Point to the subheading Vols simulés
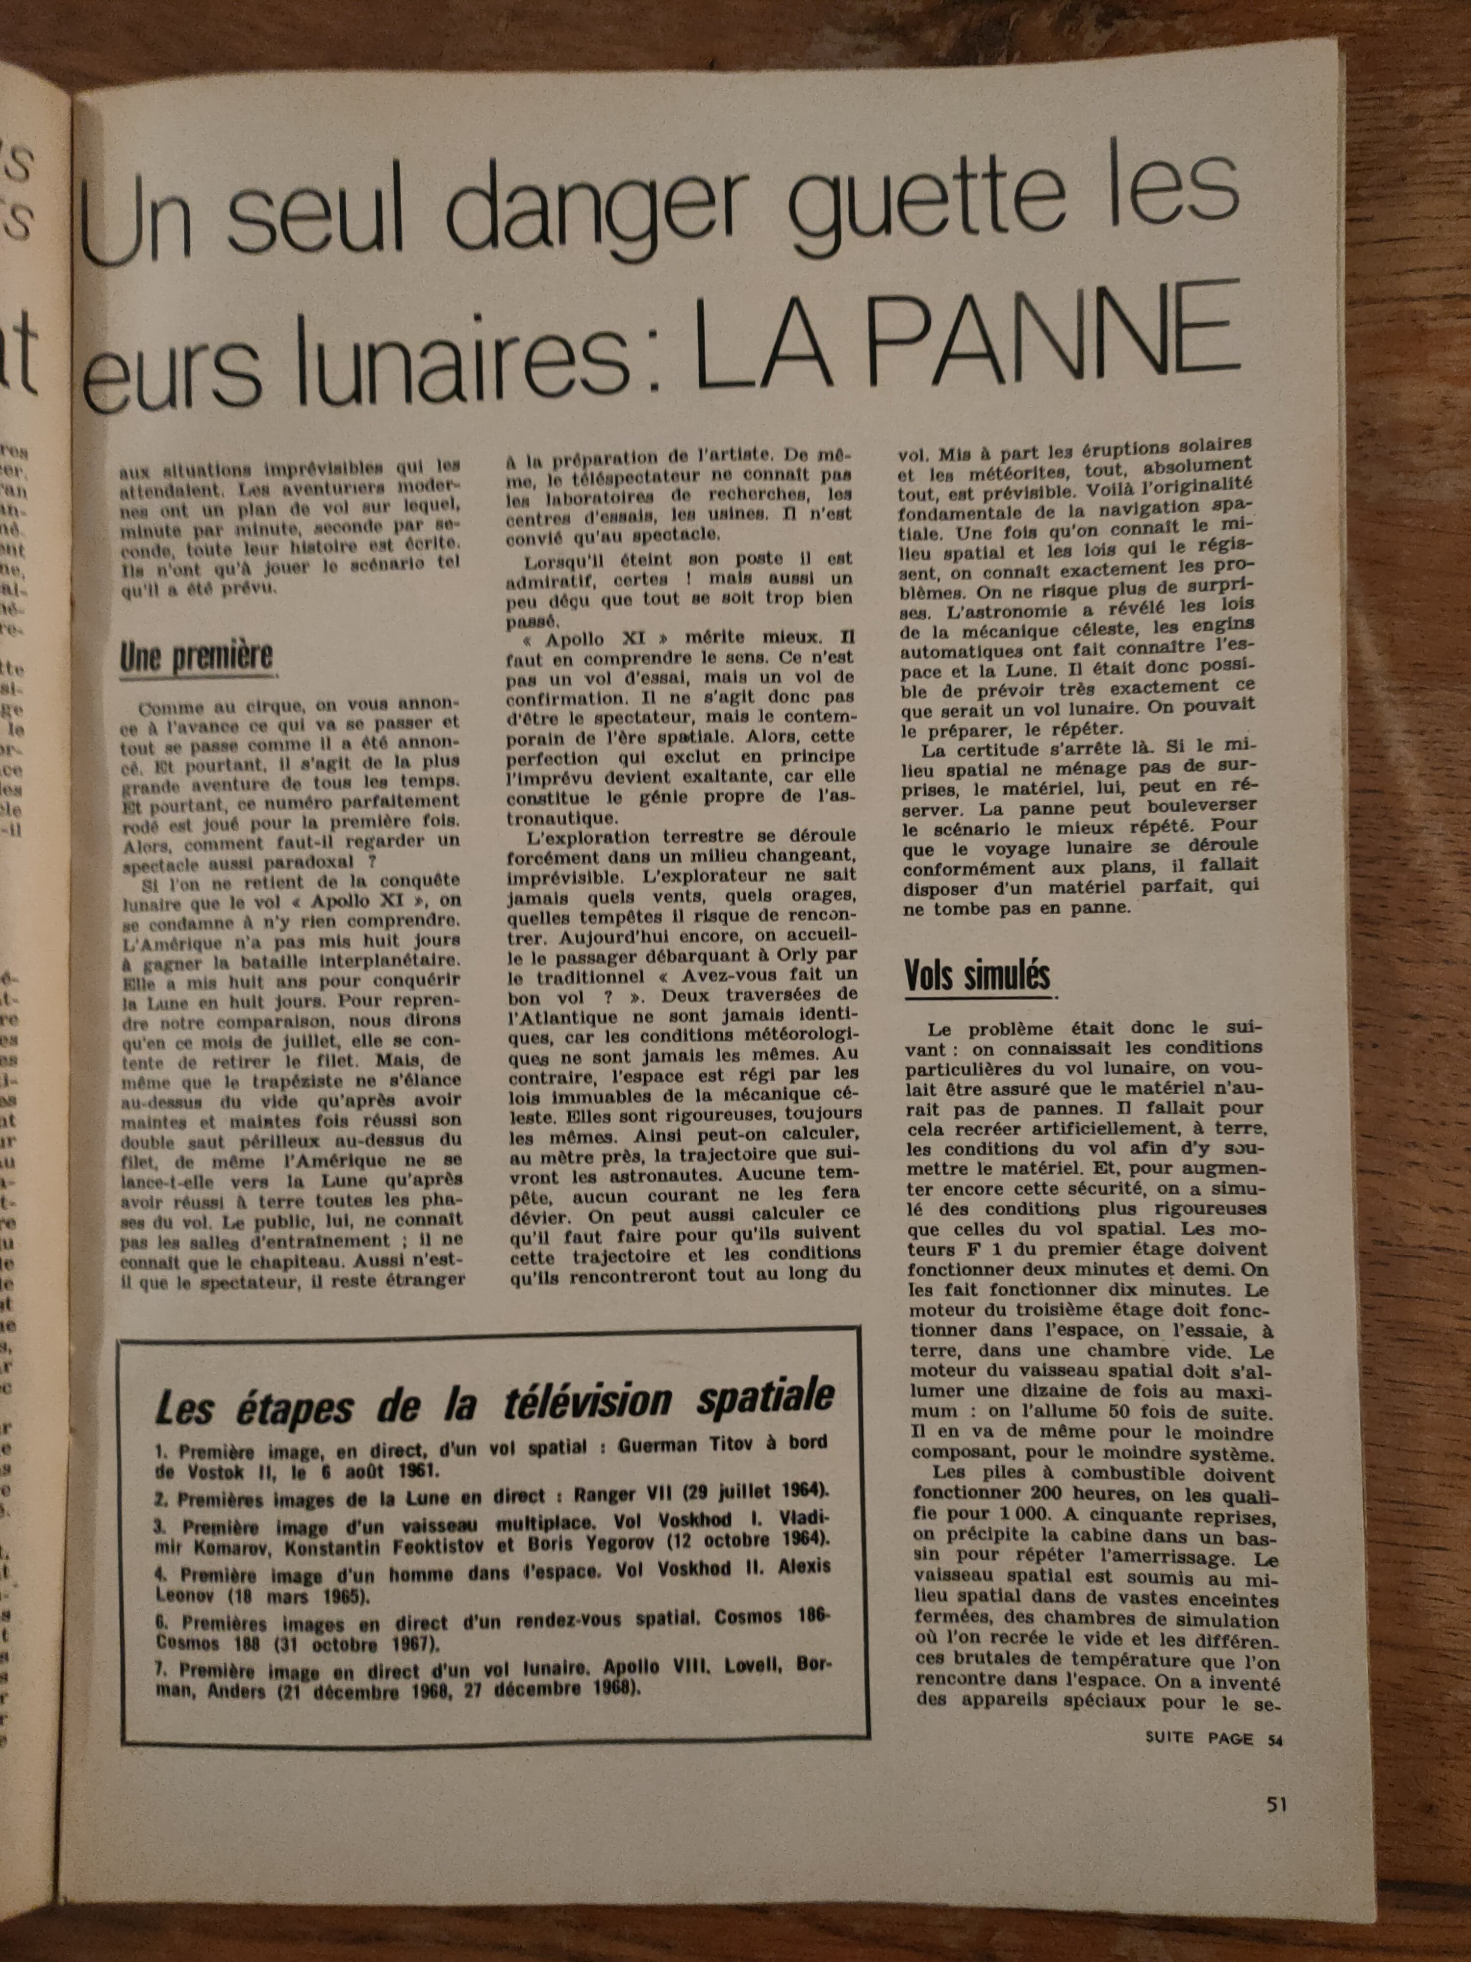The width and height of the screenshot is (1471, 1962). [976, 976]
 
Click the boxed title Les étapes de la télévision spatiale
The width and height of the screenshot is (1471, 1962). [494, 1400]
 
